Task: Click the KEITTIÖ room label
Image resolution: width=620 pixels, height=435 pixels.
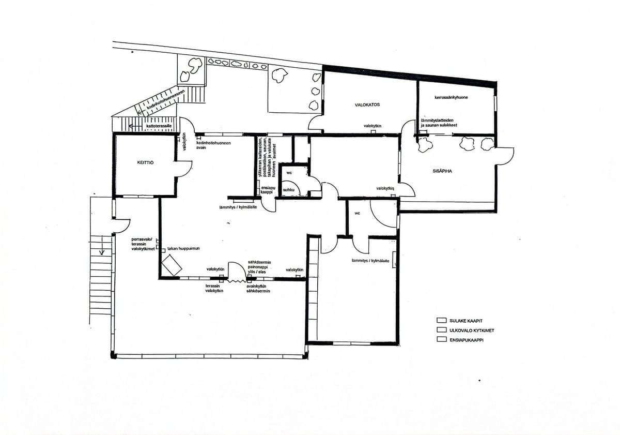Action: point(146,162)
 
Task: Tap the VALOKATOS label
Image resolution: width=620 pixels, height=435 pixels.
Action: point(367,104)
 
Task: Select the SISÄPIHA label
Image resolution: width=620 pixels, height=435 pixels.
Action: point(443,171)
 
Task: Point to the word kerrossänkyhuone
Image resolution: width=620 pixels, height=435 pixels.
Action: point(451,97)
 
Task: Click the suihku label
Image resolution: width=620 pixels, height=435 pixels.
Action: point(288,190)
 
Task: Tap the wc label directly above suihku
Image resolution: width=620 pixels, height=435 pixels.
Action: point(289,172)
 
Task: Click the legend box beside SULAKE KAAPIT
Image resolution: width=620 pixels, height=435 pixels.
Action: point(441,320)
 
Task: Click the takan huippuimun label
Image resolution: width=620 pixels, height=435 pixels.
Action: point(183,249)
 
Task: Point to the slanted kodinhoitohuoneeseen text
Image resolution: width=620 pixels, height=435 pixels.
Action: point(165,101)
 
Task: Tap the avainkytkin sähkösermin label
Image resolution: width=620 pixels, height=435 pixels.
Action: point(258,288)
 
